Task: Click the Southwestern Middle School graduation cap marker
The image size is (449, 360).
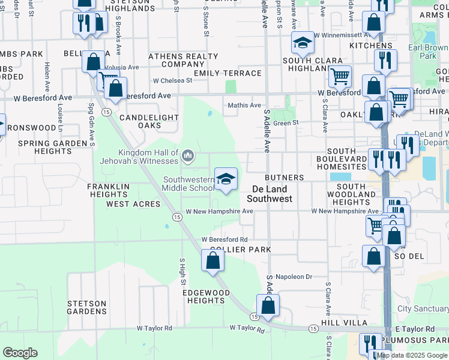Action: click(x=226, y=178)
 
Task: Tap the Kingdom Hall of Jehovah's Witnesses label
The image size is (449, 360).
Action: click(x=148, y=157)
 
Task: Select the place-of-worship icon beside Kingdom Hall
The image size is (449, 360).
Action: click(x=188, y=157)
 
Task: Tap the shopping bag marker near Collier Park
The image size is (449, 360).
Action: click(x=212, y=260)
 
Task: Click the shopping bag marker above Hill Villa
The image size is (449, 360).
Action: click(x=268, y=305)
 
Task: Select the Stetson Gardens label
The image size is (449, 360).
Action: click(x=87, y=307)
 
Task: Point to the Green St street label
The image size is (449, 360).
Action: click(x=286, y=123)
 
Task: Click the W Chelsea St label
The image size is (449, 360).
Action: click(x=172, y=80)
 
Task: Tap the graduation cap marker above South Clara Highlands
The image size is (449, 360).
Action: click(x=303, y=43)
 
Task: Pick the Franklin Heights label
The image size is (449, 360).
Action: click(x=109, y=190)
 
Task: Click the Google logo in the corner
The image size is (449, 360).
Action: click(x=20, y=353)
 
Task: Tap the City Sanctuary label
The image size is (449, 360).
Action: click(x=423, y=309)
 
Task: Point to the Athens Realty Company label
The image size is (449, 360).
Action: click(x=183, y=60)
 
